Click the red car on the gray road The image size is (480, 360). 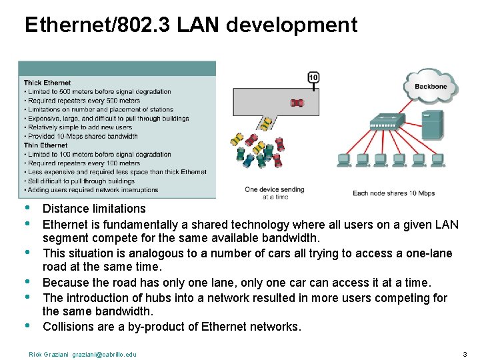(297, 102)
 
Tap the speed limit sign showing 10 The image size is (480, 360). (313, 78)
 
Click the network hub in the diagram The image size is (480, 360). (387, 123)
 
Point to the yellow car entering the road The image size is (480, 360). (267, 123)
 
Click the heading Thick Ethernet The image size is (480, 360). (47, 83)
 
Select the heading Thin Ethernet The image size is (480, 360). (45, 145)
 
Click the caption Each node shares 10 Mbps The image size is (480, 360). (393, 193)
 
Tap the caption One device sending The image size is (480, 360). (275, 189)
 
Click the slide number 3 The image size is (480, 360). (465, 354)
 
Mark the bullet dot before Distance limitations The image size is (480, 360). (27, 207)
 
